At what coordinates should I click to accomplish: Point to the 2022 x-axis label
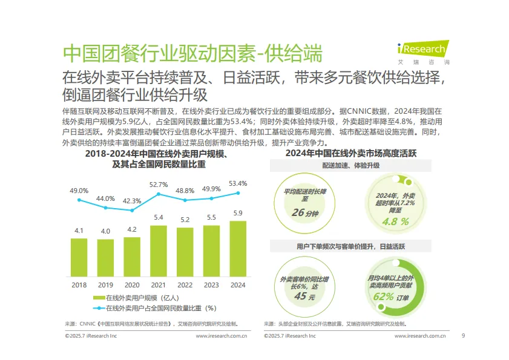pos(185,284)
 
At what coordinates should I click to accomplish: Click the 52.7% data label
pos(159,185)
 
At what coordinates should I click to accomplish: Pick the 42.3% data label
pos(132,201)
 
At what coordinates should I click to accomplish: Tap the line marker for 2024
pos(238,193)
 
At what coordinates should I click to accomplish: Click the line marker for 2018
pos(79,200)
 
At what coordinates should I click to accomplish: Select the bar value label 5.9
pos(238,213)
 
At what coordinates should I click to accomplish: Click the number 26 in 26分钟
pos(298,213)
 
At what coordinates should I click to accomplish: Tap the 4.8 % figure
pos(395,221)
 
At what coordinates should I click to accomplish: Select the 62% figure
pos(384,296)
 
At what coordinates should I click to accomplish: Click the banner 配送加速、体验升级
pos(350,165)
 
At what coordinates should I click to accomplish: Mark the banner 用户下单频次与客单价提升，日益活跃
pos(350,247)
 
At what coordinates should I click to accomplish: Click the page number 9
pos(463,335)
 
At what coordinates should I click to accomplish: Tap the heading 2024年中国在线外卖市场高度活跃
pos(350,153)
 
